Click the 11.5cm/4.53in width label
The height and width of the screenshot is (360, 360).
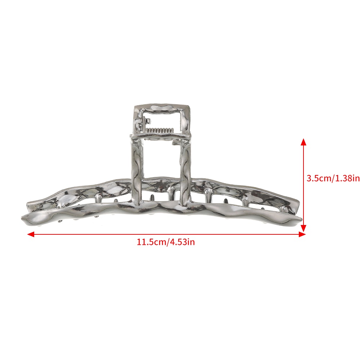click(x=166, y=242)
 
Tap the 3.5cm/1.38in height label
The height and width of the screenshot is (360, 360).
click(x=333, y=178)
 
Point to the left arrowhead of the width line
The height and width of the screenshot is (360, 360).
click(x=31, y=234)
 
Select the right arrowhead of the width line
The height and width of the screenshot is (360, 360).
click(x=302, y=234)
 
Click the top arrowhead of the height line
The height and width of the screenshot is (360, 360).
click(x=303, y=142)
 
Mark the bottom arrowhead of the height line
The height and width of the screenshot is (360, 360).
click(x=303, y=228)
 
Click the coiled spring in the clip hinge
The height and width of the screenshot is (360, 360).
click(x=160, y=130)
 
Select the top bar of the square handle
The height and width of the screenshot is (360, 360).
click(x=162, y=108)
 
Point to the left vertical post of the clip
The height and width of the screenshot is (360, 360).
click(x=137, y=170)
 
